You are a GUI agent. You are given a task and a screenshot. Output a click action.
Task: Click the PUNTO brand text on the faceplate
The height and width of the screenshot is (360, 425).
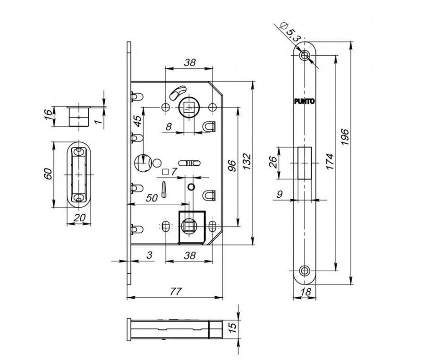point(305,101)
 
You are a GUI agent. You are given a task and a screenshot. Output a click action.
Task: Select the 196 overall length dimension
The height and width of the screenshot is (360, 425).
point(345,137)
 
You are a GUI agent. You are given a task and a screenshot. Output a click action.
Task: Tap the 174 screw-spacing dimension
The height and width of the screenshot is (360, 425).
point(330,162)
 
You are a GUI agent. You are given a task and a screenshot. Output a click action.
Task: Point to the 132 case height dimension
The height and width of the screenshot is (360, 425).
point(246,162)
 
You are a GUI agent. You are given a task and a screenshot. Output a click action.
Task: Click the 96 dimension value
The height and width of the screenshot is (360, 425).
point(232,166)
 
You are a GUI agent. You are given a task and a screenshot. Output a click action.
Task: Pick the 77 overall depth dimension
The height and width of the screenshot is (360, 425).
point(176,292)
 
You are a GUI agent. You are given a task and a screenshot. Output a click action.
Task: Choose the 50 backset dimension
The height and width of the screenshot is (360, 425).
point(152,198)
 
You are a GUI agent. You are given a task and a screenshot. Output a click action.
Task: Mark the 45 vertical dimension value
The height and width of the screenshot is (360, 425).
point(138,121)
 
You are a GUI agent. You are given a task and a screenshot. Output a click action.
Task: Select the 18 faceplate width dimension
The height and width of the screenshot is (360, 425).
point(306,292)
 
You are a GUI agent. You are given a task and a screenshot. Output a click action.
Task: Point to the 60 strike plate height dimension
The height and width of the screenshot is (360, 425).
point(48,174)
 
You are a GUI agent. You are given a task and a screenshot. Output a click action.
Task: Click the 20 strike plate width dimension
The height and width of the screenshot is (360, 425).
point(79,217)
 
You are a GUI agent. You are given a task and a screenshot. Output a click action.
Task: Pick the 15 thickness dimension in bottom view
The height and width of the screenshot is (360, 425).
point(232,327)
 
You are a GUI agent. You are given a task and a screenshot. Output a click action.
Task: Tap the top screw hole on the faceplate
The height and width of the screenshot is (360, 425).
point(305,55)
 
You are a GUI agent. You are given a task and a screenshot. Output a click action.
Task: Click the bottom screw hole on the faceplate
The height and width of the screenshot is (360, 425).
point(305,270)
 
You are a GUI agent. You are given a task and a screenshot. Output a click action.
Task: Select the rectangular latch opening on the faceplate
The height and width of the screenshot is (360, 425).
point(305,163)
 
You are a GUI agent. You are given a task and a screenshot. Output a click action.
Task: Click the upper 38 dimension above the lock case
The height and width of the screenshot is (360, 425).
point(190,63)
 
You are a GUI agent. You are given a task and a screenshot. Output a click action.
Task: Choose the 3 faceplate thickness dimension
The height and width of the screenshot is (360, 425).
point(150,255)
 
